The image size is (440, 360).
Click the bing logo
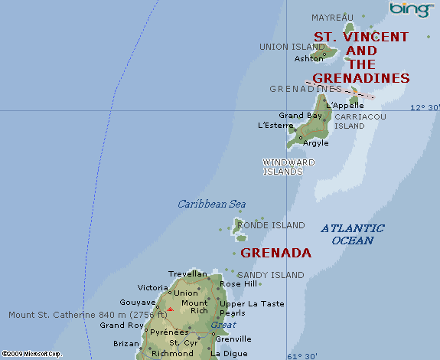(x=411, y=9)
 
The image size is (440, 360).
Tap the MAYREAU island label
(x=333, y=18)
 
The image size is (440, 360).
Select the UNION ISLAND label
(x=292, y=47)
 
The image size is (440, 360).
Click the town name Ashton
(x=308, y=58)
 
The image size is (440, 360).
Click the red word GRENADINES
(x=361, y=78)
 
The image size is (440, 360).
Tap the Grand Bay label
(x=300, y=116)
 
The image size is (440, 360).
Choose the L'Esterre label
(x=275, y=125)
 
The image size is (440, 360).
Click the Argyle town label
(x=316, y=142)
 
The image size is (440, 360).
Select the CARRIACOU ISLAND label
(x=360, y=121)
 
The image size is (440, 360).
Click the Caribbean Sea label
(x=212, y=204)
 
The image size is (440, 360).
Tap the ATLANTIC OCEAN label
(x=353, y=234)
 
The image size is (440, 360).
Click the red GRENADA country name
(x=275, y=253)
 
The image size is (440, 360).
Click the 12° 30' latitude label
(x=425, y=108)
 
